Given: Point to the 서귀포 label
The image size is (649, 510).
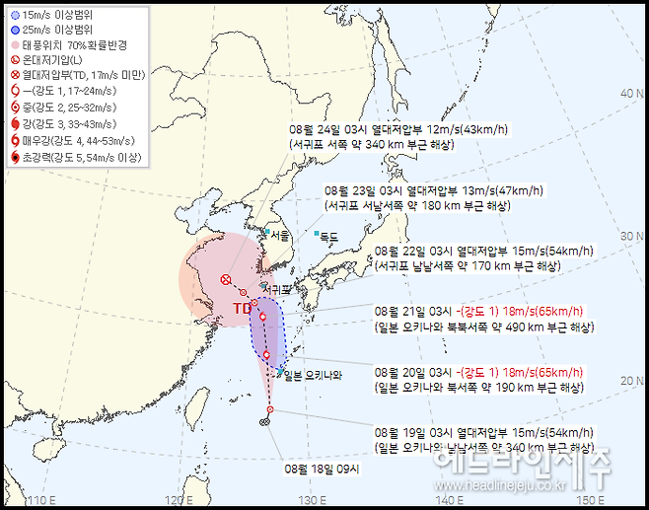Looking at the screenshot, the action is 281,290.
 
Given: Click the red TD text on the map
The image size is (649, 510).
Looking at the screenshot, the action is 242,309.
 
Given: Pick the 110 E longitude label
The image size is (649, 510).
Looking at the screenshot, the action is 38,499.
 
